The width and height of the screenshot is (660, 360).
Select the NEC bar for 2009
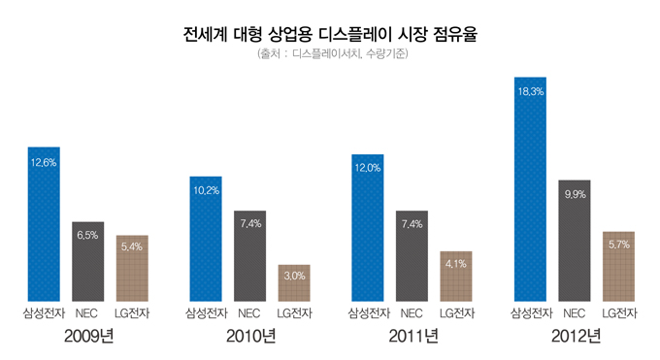pyautogui.click(x=87, y=262)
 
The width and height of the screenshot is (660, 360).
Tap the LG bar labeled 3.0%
pyautogui.click(x=293, y=283)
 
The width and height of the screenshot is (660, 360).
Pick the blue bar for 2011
pyautogui.click(x=367, y=228)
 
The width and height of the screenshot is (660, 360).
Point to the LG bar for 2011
pyautogui.click(x=456, y=277)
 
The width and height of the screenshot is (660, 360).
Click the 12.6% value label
pyautogui.click(x=44, y=162)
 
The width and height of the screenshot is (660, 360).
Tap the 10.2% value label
pyautogui.click(x=206, y=190)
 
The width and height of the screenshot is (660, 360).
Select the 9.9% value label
pyautogui.click(x=574, y=194)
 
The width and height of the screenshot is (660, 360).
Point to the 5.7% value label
pyautogui.click(x=618, y=245)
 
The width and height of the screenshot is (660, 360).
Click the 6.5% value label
pyautogui.click(x=87, y=235)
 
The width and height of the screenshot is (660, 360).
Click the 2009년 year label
pyautogui.click(x=88, y=337)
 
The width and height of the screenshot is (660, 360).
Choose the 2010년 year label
pyautogui.click(x=250, y=337)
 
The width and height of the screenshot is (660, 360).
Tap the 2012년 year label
pyautogui.click(x=576, y=337)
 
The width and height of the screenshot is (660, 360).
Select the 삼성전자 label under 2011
pyautogui.click(x=368, y=313)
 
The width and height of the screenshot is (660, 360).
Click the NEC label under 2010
pyautogui.click(x=249, y=313)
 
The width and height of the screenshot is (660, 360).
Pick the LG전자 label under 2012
pyautogui.click(x=619, y=313)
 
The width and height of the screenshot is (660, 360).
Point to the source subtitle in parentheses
pyautogui.click(x=330, y=54)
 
